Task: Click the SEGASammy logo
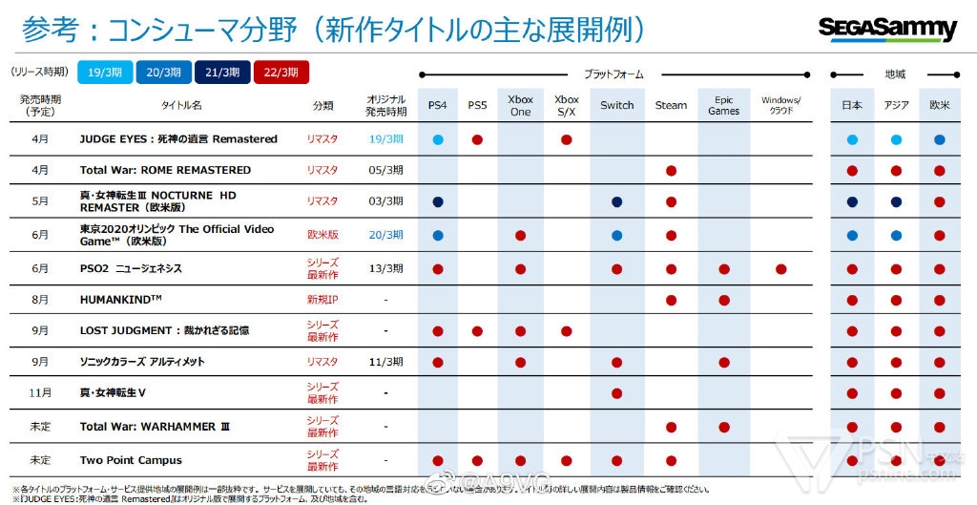887,29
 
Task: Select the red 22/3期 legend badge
281,72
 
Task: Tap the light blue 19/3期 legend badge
103,72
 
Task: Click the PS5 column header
477,105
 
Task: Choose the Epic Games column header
724,105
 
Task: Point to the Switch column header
616,105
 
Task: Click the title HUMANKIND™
121,300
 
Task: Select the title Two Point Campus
131,460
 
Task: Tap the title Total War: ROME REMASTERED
165,170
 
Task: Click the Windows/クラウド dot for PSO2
781,269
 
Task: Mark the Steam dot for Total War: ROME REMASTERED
671,171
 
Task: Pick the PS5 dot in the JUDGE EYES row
477,139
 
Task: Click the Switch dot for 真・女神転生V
616,393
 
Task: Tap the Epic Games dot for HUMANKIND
724,301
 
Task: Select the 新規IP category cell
322,300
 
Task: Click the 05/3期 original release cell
385,170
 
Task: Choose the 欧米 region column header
940,105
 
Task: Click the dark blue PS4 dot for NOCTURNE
437,202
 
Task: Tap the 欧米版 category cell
322,234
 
